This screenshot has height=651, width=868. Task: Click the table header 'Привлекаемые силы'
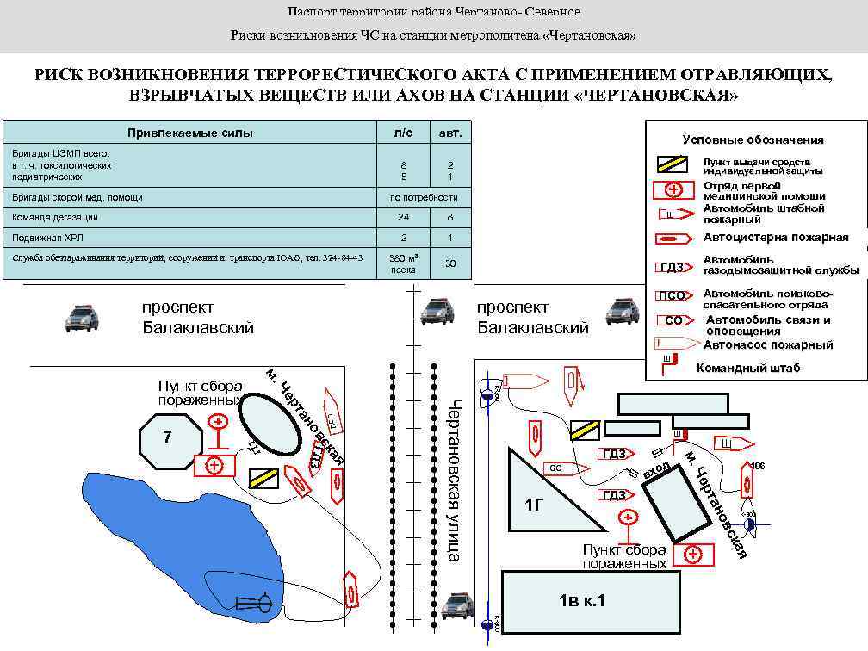(190, 133)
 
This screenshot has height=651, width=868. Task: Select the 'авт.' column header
(450, 133)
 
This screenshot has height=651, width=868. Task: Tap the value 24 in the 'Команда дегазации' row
(404, 217)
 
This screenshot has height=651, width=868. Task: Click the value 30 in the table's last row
(450, 263)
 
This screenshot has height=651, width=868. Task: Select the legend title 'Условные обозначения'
(753, 139)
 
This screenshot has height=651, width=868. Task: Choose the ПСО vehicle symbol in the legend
(673, 296)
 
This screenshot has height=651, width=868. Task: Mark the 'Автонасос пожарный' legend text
(768, 344)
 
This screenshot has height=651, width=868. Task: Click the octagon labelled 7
(170, 440)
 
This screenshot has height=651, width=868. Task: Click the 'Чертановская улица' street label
(455, 480)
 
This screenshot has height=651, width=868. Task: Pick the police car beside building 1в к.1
(457, 606)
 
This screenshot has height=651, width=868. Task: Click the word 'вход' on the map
(655, 470)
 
